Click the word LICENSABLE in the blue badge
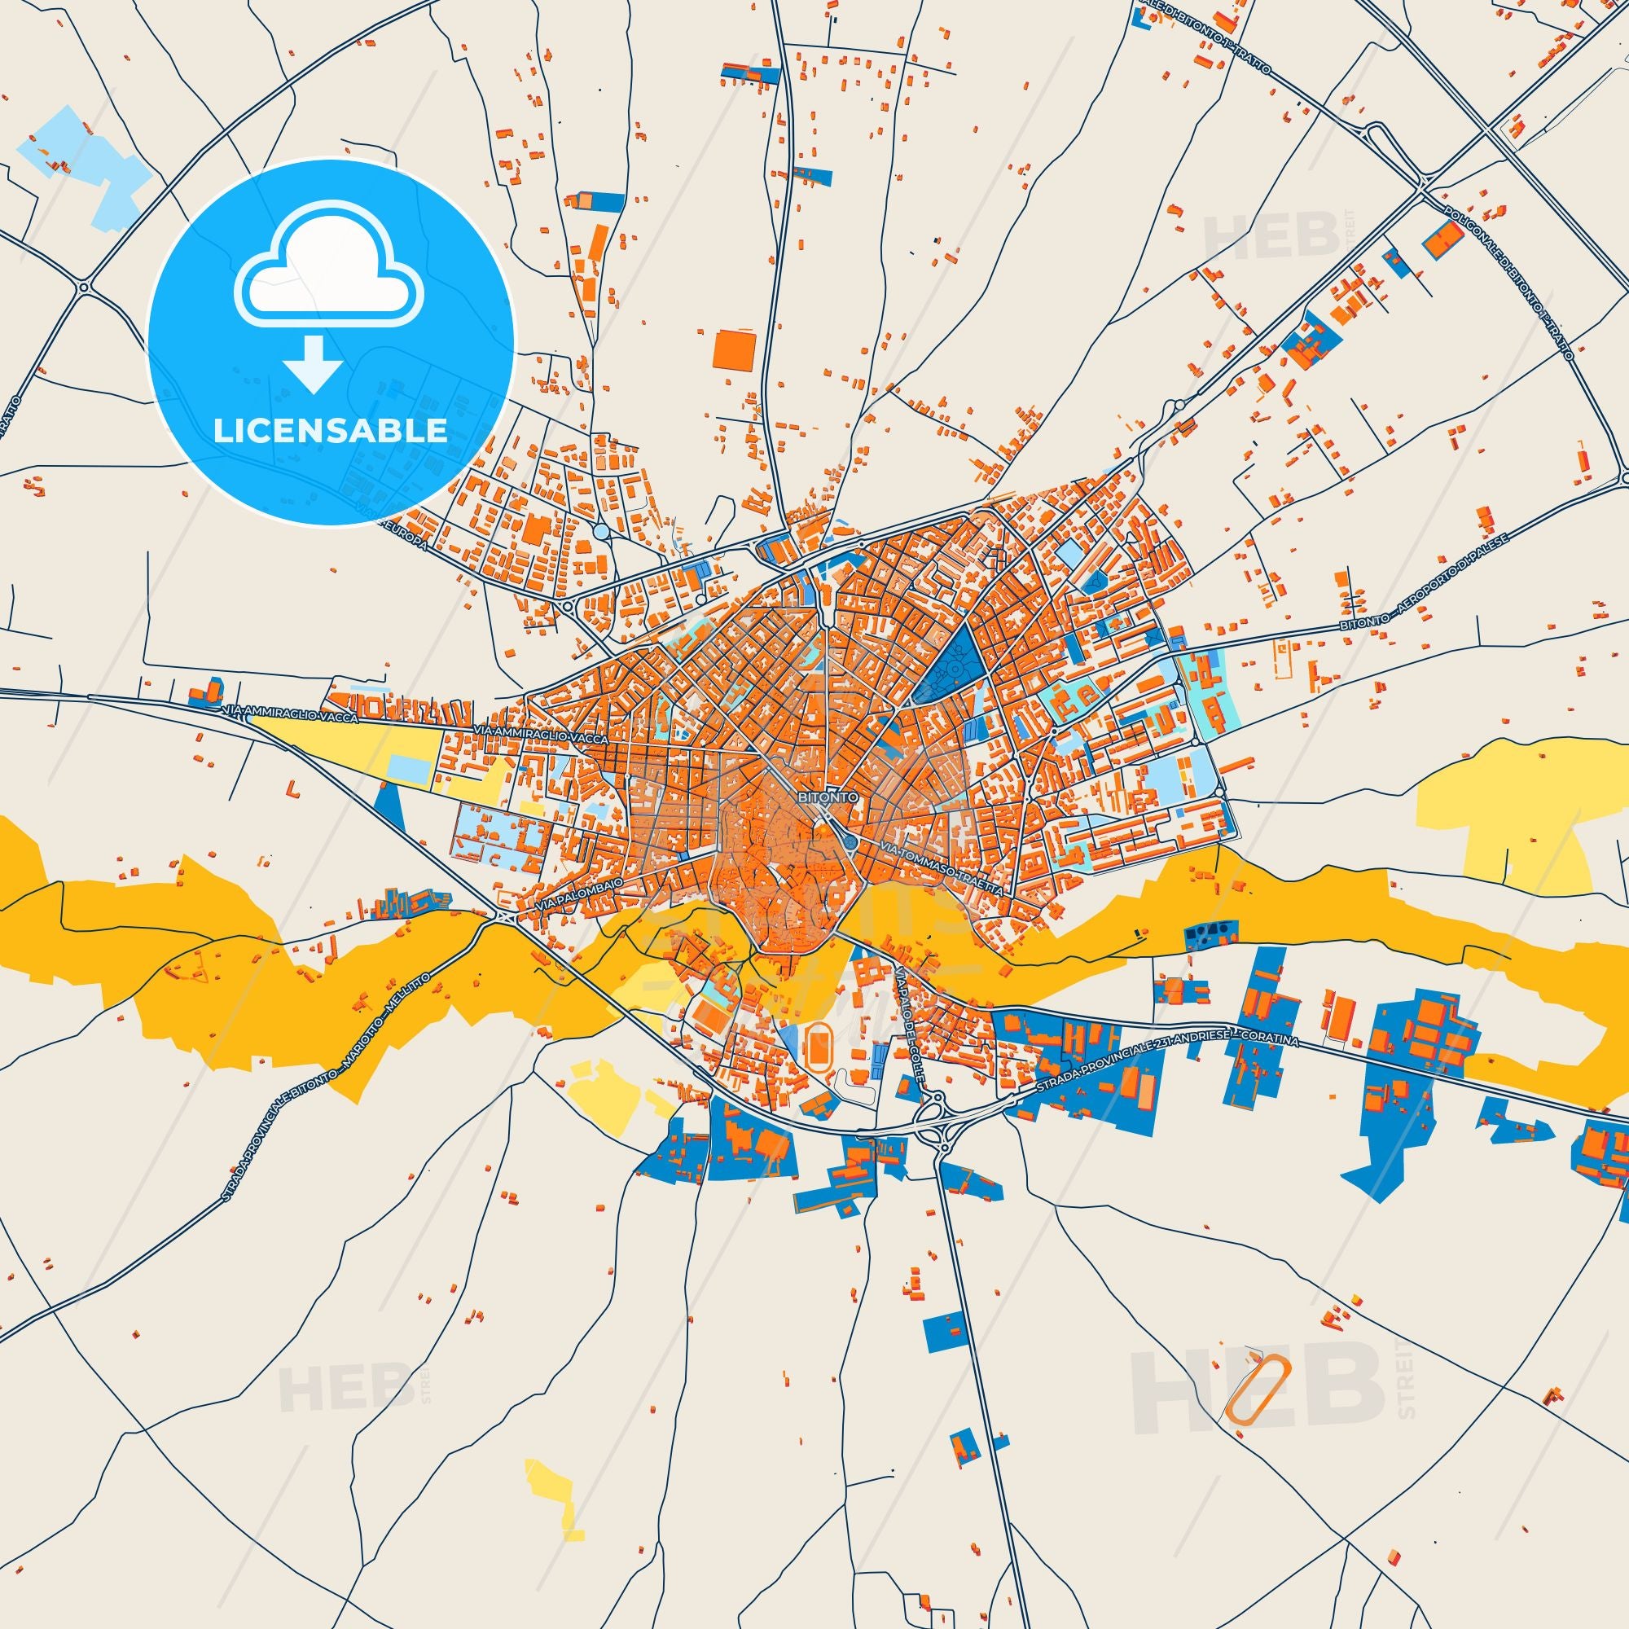pos(331,430)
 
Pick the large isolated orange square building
pos(729,349)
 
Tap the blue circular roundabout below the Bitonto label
pos(849,842)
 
